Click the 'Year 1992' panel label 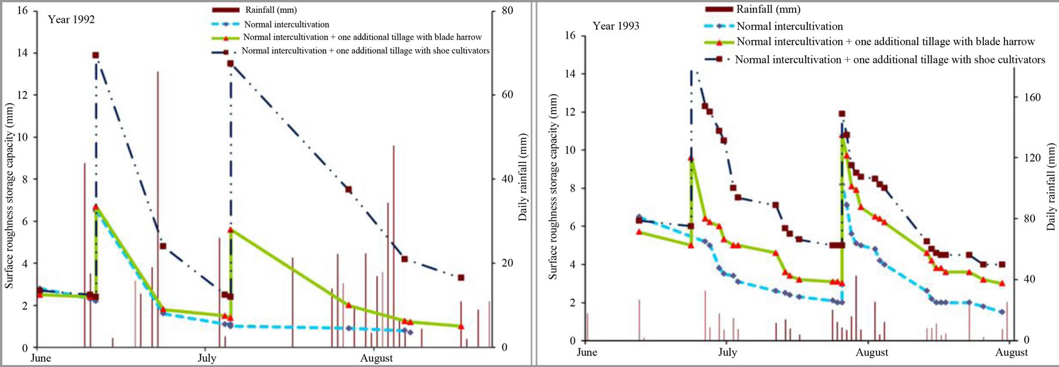click(x=71, y=19)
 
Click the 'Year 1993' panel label click(x=615, y=26)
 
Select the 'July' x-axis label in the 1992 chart click(x=207, y=358)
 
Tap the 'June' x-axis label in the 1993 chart click(x=587, y=352)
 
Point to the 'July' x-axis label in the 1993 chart click(x=728, y=352)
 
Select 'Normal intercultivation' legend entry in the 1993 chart click(x=789, y=26)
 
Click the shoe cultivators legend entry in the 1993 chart click(x=889, y=60)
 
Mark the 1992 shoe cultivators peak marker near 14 click(x=95, y=55)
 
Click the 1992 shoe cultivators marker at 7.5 click(x=349, y=189)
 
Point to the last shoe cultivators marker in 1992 click(x=461, y=277)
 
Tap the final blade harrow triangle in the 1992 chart click(x=461, y=326)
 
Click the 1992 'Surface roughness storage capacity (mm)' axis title click(x=9, y=196)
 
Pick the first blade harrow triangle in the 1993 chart click(x=639, y=232)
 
